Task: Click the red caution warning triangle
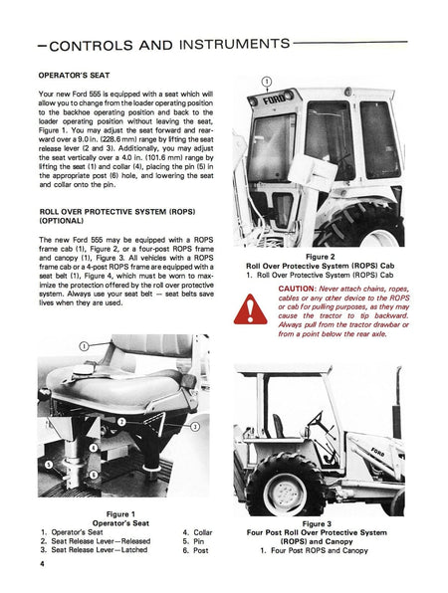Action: pyautogui.click(x=250, y=309)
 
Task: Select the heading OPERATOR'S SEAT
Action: pyautogui.click(x=74, y=76)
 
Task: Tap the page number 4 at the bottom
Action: pyautogui.click(x=42, y=564)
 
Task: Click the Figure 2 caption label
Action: pyautogui.click(x=321, y=257)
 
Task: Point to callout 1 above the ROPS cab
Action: pyautogui.click(x=267, y=82)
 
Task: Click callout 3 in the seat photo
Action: pyautogui.click(x=195, y=427)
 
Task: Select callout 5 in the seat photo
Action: pyautogui.click(x=49, y=464)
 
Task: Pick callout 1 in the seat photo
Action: pyautogui.click(x=84, y=346)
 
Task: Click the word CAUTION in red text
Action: pyautogui.click(x=297, y=289)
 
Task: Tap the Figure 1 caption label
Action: pyautogui.click(x=120, y=514)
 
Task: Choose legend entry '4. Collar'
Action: pyautogui.click(x=197, y=532)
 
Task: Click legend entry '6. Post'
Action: pyautogui.click(x=195, y=550)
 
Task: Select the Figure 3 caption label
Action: pyautogui.click(x=317, y=523)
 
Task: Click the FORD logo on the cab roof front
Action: pyautogui.click(x=274, y=99)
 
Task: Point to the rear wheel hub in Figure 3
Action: pyautogui.click(x=285, y=491)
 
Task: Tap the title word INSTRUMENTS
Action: pyautogui.click(x=235, y=44)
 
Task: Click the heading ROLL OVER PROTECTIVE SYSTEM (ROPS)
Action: pyautogui.click(x=117, y=212)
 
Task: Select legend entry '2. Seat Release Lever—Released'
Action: pyautogui.click(x=96, y=541)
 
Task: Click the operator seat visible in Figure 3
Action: pyautogui.click(x=279, y=426)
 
